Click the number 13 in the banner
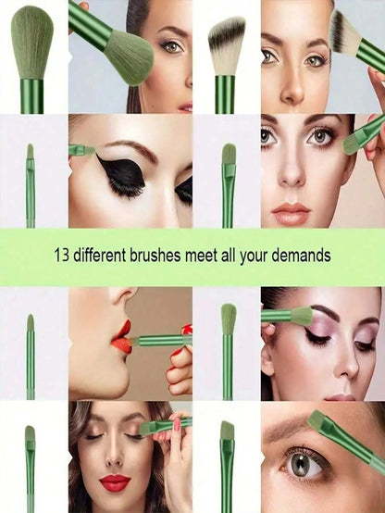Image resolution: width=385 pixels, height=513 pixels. [62, 255]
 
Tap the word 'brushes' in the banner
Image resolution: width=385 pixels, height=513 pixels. [155, 255]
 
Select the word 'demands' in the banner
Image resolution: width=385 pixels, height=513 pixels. [301, 255]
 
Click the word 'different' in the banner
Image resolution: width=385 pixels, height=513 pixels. [100, 255]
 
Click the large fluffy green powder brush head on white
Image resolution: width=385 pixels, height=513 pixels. [31, 42]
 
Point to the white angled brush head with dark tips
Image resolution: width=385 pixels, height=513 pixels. [227, 45]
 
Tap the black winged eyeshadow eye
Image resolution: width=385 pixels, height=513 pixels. [122, 173]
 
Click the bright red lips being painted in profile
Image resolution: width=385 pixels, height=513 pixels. [122, 338]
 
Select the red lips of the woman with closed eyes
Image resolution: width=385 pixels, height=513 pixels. [114, 482]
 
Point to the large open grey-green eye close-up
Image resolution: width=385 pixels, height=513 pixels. [300, 465]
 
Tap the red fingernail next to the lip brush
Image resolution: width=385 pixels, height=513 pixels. [187, 329]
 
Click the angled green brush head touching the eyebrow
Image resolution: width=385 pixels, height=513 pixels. [318, 420]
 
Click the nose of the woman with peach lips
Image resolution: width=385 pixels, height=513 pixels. [292, 174]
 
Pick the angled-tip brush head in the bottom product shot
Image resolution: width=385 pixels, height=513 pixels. [228, 431]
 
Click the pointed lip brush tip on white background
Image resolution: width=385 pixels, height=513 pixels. [31, 322]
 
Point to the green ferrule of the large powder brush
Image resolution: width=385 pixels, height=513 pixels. [31, 96]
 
